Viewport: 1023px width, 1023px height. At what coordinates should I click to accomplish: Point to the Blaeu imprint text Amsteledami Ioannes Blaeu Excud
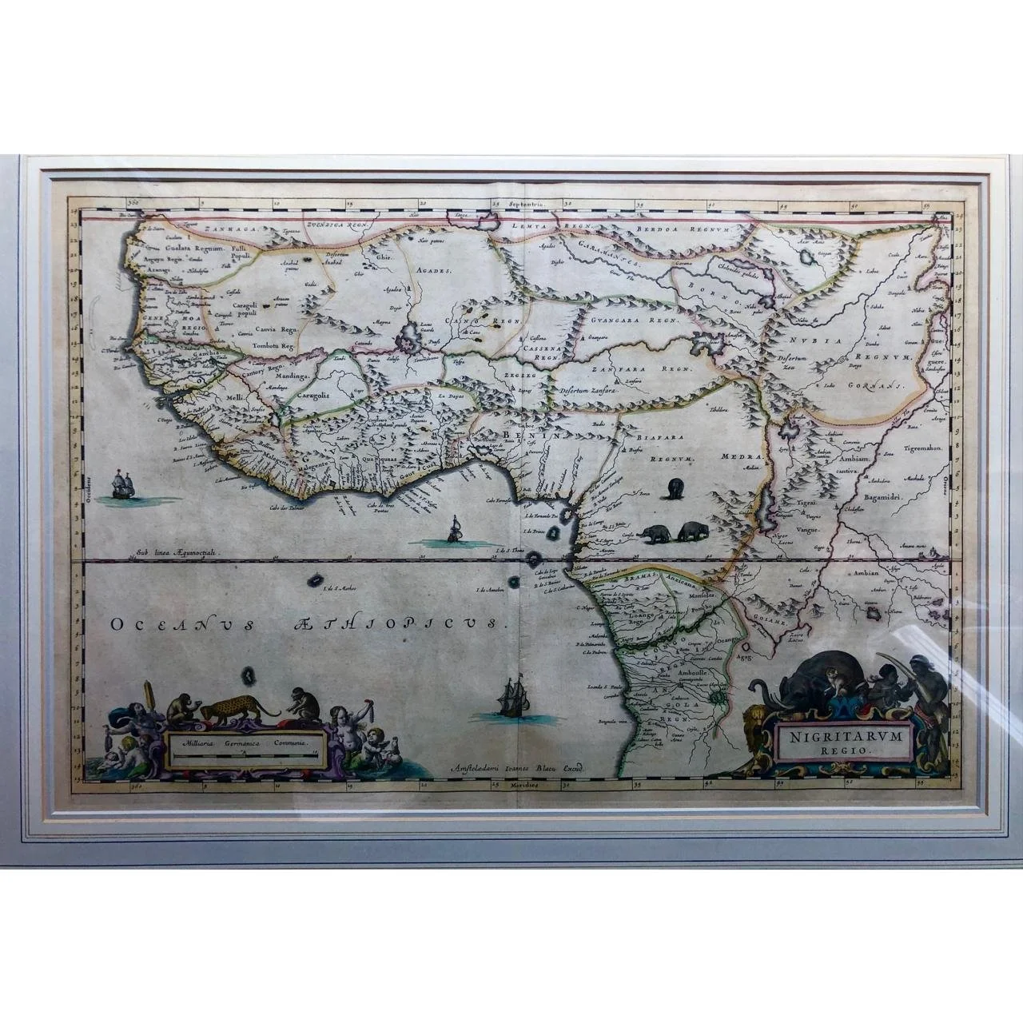coord(519,765)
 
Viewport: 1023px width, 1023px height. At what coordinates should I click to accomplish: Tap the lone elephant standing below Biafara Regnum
coord(675,488)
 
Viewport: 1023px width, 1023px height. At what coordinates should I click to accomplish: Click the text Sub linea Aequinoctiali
coord(177,551)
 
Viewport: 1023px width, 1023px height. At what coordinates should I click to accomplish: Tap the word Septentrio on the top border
coord(533,205)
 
